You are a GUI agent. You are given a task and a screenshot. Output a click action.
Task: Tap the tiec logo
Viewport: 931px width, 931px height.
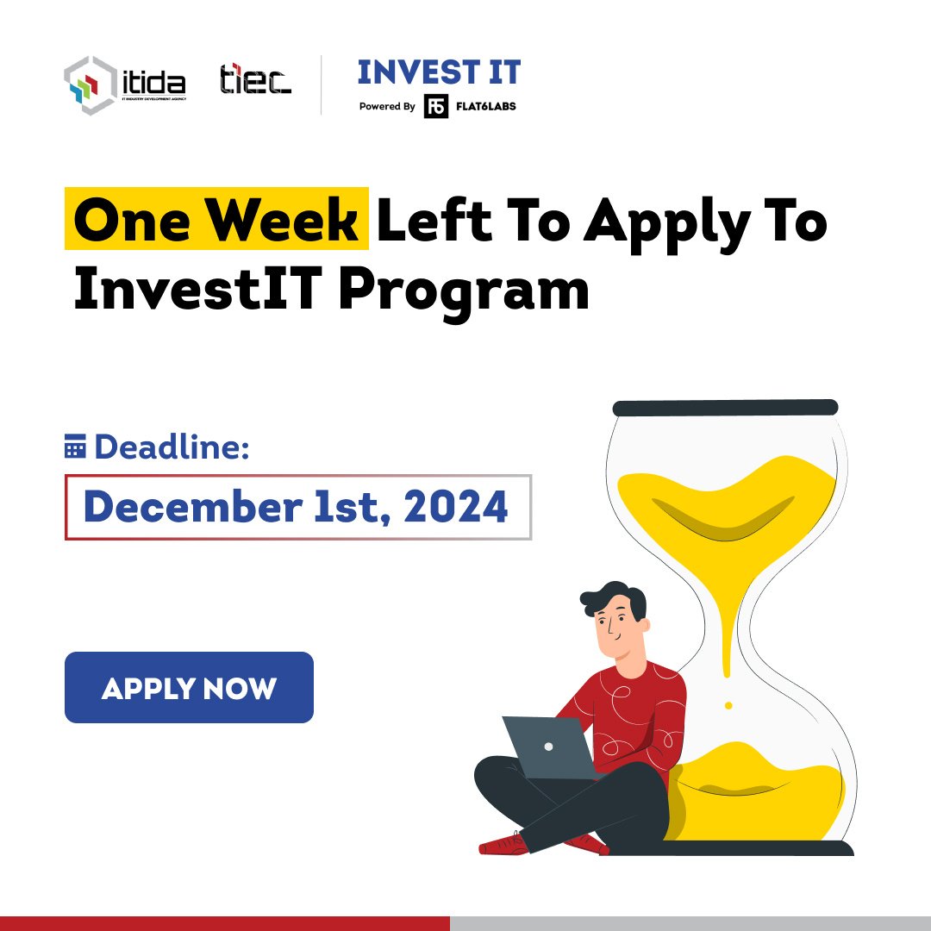(255, 80)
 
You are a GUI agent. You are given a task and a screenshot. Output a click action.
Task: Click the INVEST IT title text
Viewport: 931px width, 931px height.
(439, 72)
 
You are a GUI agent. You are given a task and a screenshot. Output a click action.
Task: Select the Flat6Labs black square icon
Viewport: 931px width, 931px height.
(436, 107)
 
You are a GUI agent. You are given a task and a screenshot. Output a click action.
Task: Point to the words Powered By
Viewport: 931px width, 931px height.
(387, 107)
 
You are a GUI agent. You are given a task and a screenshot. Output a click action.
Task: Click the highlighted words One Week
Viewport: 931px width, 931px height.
(216, 221)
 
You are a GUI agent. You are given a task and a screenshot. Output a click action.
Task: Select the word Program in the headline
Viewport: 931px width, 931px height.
(464, 291)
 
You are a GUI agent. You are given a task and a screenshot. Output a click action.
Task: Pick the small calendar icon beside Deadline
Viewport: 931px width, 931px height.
(76, 447)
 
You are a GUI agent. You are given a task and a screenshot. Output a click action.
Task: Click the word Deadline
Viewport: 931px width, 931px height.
(172, 447)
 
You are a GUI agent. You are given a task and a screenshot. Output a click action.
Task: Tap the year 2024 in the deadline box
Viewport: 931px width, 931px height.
(455, 507)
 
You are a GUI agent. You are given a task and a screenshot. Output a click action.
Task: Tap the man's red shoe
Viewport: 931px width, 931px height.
(503, 844)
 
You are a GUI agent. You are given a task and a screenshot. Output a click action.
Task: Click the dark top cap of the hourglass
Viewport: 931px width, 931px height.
(724, 408)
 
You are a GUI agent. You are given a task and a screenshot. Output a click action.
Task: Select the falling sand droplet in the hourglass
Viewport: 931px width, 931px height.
(728, 705)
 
